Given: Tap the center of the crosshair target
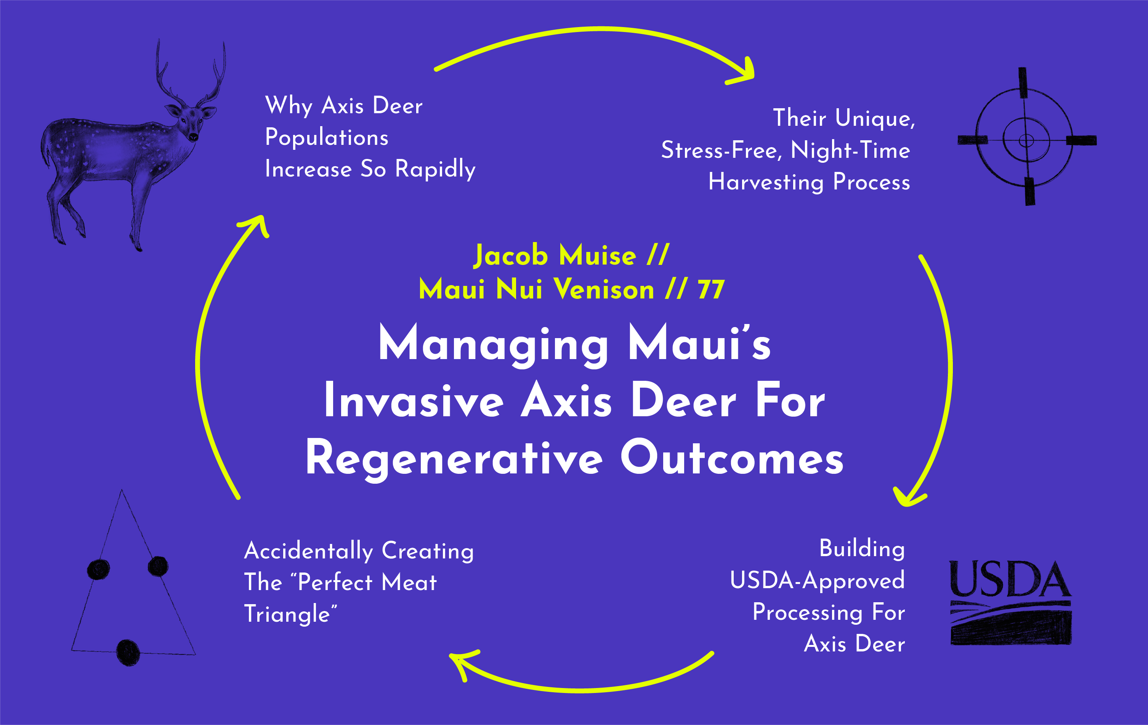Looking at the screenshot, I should coord(1026,140).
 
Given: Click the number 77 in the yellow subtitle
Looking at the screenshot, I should coord(711,290).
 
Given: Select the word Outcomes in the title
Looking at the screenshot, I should coord(731,459).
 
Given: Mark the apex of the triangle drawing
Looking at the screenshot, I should coord(122,491).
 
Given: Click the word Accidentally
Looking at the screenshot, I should coord(308,552).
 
